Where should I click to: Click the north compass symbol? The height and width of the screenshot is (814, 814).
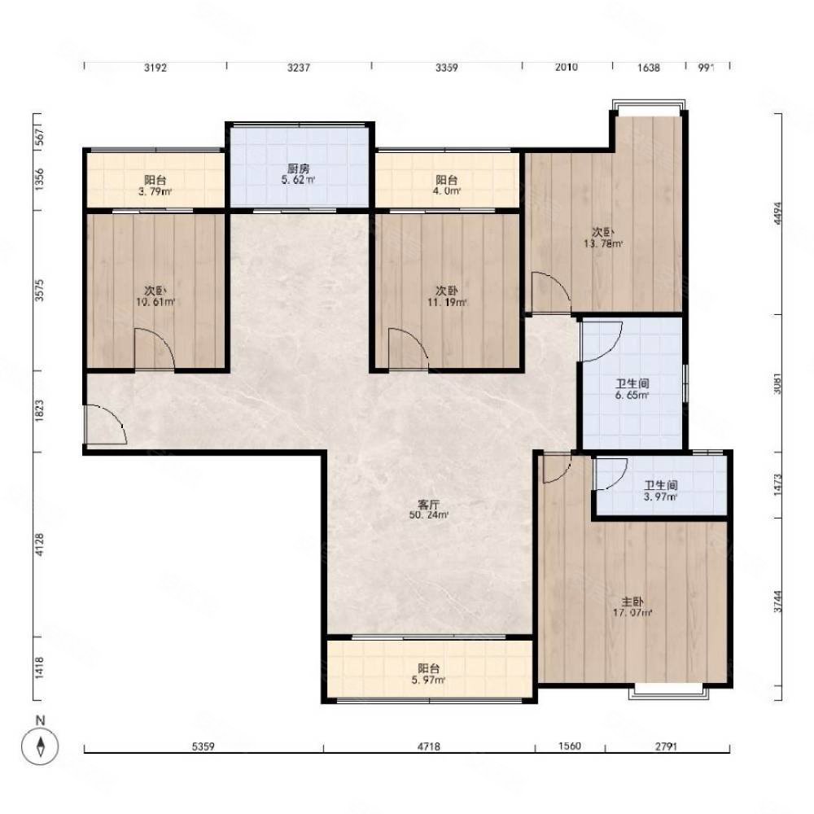[40, 746]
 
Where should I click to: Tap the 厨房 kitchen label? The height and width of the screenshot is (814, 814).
[299, 168]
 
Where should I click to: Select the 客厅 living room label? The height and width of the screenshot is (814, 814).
[429, 504]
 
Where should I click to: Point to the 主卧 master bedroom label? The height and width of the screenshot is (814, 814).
[632, 602]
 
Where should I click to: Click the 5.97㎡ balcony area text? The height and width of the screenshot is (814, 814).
[428, 680]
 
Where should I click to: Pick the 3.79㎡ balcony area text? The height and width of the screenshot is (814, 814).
[155, 191]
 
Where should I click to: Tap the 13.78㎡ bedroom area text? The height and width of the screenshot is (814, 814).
[604, 243]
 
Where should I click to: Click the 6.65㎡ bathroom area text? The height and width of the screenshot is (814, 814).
[632, 396]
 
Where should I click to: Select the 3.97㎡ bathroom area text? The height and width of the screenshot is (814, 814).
[661, 497]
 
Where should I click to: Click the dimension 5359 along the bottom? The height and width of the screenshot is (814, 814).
[203, 746]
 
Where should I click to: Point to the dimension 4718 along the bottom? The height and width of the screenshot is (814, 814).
[429, 746]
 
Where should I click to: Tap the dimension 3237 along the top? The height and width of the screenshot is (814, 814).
[299, 68]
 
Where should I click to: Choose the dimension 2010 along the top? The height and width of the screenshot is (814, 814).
[567, 67]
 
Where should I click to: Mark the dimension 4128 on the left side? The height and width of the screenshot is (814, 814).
[39, 545]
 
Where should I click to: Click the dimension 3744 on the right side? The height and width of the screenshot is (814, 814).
[777, 602]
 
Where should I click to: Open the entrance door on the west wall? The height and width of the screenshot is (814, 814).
[105, 424]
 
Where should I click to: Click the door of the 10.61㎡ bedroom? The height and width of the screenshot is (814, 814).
[154, 349]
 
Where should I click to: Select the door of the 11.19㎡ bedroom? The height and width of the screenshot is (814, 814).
[408, 349]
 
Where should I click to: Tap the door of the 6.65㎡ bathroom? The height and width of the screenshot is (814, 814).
[602, 341]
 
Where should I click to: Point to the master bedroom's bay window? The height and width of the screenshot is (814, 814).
[668, 692]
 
